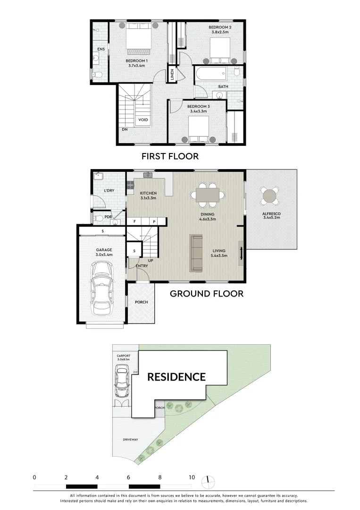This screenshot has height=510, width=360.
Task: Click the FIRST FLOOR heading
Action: point(170,156)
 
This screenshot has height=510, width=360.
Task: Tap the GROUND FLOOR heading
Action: point(206,294)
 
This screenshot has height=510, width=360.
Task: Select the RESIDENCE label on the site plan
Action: point(176,377)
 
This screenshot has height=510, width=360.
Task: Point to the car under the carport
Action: point(122,382)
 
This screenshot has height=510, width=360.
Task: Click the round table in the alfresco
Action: point(270,195)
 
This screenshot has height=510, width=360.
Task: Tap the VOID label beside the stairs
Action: point(143,120)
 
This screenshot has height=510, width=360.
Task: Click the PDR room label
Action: point(108,217)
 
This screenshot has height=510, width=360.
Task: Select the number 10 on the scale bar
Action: point(192,477)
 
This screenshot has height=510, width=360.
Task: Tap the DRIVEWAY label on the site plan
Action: point(130,440)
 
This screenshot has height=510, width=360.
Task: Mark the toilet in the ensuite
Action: point(97,75)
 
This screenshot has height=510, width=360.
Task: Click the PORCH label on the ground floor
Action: point(141,302)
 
